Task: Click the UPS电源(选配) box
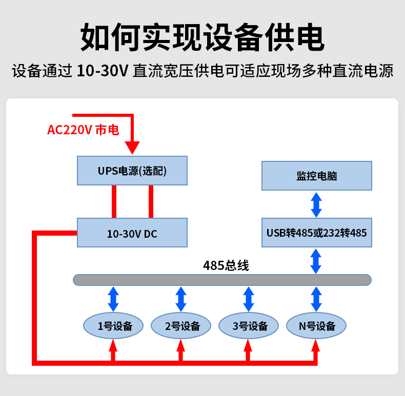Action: (x=132, y=171)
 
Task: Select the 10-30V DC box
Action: (x=132, y=233)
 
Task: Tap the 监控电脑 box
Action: (x=316, y=176)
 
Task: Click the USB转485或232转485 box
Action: (x=316, y=233)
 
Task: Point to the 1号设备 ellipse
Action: (x=113, y=326)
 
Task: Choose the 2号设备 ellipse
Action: (x=181, y=326)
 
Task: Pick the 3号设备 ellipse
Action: (x=249, y=326)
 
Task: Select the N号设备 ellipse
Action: (x=316, y=326)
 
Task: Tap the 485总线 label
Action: (x=226, y=266)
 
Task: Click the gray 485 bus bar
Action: (x=222, y=280)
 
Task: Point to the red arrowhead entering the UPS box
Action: (x=133, y=148)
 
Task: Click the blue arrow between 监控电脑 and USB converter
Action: (x=316, y=204)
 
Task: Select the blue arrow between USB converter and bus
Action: (x=316, y=261)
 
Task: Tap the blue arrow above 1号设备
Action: (x=113, y=299)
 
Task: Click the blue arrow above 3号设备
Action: (x=249, y=299)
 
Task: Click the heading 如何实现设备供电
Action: (x=202, y=37)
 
